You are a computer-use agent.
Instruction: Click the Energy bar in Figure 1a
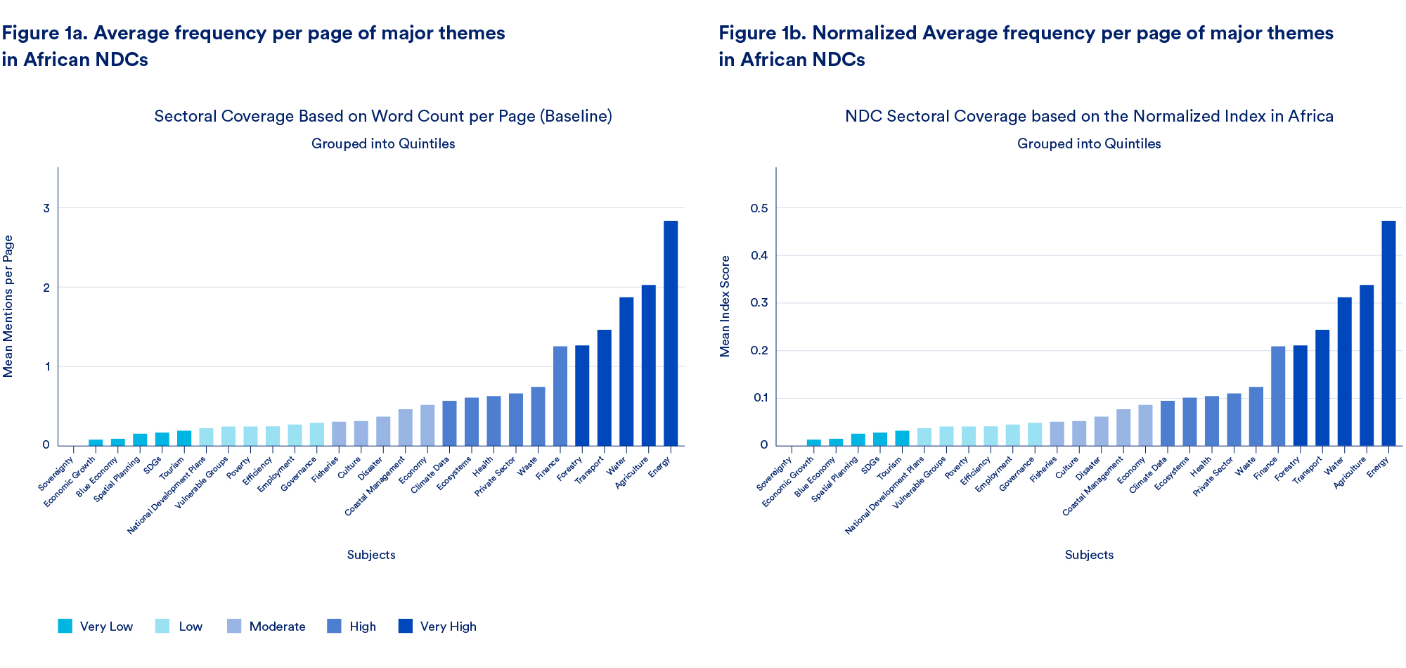click(x=671, y=333)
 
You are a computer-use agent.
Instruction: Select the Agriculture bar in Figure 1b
click(x=1367, y=365)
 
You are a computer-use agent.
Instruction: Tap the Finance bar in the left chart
click(x=560, y=396)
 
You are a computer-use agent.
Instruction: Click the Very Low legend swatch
click(x=65, y=626)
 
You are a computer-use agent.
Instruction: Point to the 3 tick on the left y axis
click(x=46, y=208)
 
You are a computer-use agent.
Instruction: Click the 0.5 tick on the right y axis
click(x=759, y=208)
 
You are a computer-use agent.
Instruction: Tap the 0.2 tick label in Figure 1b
click(x=759, y=350)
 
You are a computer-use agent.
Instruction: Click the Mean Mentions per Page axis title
click(x=8, y=306)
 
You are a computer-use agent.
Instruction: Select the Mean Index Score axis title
click(x=725, y=306)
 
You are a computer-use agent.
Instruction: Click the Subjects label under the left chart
click(x=371, y=555)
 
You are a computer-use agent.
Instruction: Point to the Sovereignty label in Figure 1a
click(x=56, y=474)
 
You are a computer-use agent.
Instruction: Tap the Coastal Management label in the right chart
click(x=1093, y=486)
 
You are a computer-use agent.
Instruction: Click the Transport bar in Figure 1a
click(x=605, y=387)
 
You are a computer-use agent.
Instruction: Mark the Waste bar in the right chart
click(x=1256, y=416)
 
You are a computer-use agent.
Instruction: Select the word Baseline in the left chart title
click(x=576, y=116)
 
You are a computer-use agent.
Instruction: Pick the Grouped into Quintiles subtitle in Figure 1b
click(x=1089, y=143)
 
